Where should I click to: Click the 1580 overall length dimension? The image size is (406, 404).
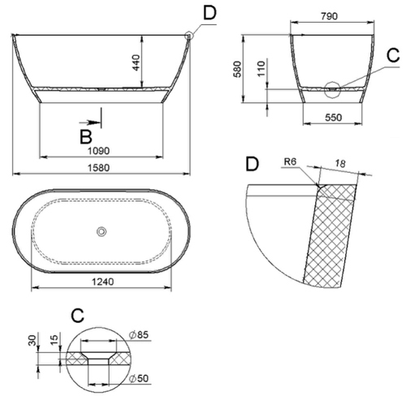coord(101,168)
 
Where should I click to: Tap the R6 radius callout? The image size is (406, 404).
coord(289,162)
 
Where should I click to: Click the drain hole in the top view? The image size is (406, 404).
coord(101,231)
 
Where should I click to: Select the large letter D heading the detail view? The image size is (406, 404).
coord(253,165)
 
